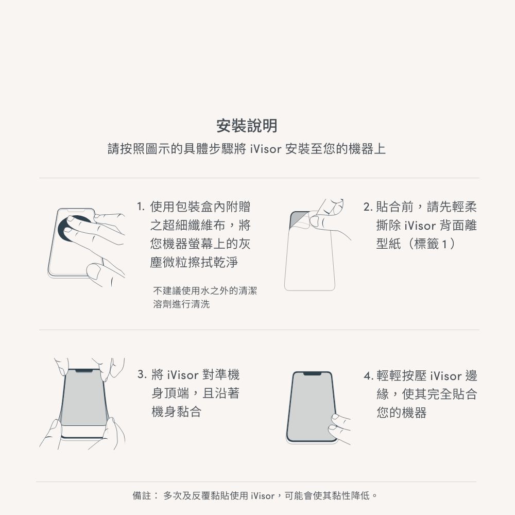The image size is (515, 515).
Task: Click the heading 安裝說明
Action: coord(247,125)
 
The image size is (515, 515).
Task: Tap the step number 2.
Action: coord(367,208)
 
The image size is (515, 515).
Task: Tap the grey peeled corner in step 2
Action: coord(299,220)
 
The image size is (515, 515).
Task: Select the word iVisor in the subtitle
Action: coord(265,150)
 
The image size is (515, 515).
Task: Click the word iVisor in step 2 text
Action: coord(420,226)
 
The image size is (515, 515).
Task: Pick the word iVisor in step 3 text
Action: coord(183,375)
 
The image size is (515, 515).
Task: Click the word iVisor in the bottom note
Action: coord(263,496)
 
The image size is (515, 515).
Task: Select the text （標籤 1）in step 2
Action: coord(432,244)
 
